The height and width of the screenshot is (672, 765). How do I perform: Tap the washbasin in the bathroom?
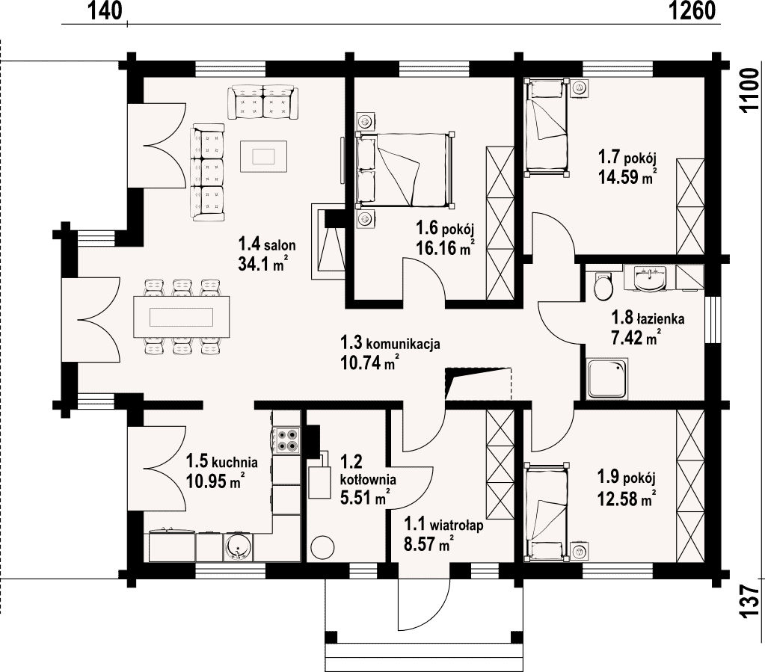tap(650, 279)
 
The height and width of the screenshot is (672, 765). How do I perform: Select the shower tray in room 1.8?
tap(607, 378)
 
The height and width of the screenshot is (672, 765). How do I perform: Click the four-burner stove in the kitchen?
tap(288, 440)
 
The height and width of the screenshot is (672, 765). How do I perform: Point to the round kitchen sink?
tap(239, 546)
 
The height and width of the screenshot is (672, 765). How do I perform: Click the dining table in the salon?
tap(182, 316)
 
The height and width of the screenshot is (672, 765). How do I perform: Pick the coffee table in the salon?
tap(263, 156)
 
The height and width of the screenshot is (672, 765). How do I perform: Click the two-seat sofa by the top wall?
tap(263, 102)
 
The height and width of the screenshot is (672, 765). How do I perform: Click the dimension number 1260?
tap(691, 10)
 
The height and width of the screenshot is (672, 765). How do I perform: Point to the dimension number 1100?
tap(749, 90)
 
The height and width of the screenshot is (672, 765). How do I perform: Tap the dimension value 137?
tap(749, 601)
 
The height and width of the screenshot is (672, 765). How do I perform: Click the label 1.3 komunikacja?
tap(390, 343)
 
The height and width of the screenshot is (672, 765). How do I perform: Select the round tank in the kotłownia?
tap(322, 548)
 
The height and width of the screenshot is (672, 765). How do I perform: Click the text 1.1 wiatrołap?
tap(443, 525)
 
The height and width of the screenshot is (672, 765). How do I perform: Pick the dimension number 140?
tap(105, 10)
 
